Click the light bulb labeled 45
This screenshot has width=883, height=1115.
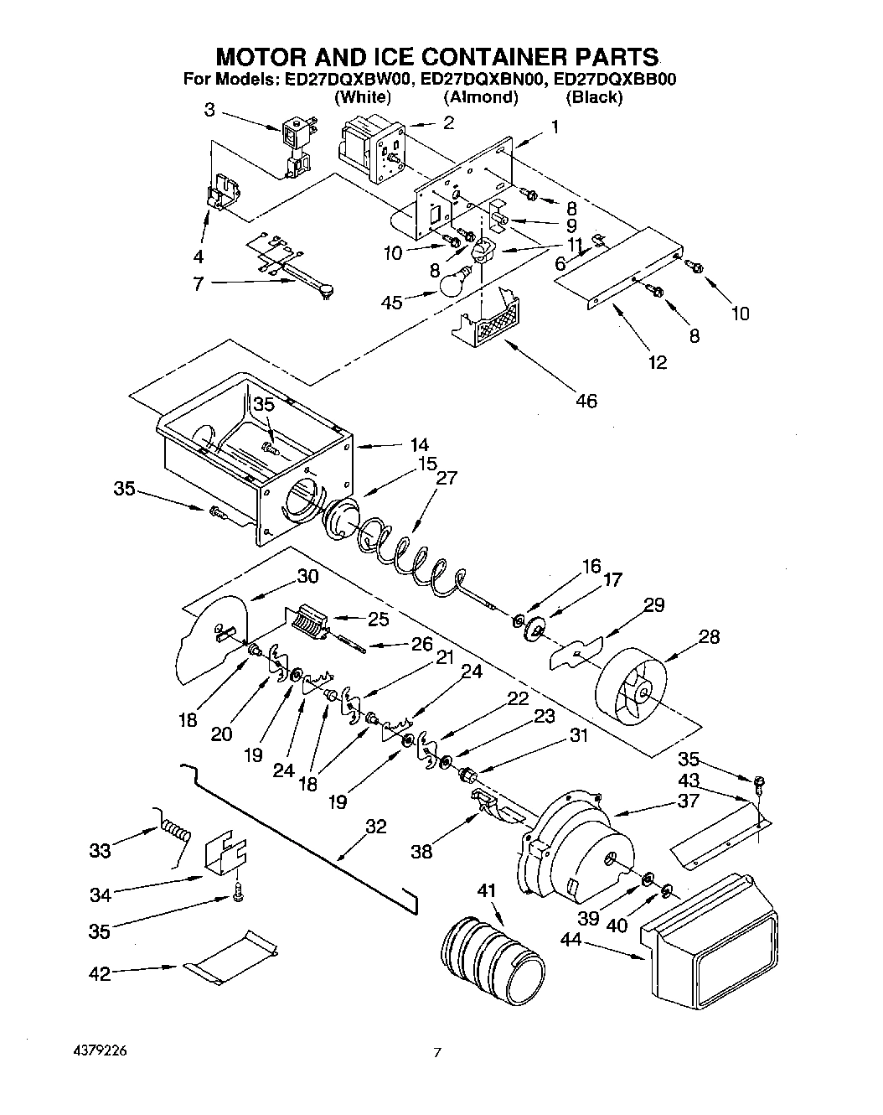coord(455,282)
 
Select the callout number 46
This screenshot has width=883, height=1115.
coord(586,401)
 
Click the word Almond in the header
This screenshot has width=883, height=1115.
coord(481,97)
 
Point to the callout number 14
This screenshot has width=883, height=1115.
coord(419,444)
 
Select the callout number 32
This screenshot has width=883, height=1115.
coord(376,827)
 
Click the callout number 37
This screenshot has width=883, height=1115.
coord(688,801)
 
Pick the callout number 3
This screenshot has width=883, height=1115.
coord(209,109)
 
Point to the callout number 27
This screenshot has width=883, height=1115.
coord(447,477)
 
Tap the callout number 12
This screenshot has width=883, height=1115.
coord(657,361)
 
